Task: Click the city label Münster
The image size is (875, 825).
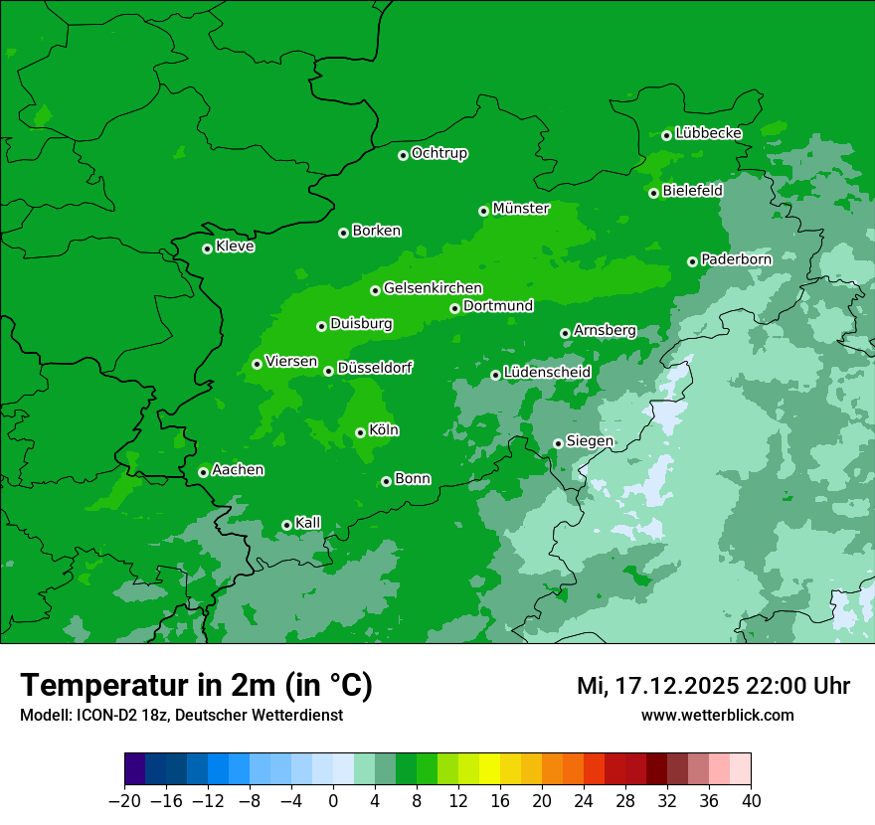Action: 520,209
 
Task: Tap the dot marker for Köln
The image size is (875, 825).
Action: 360,432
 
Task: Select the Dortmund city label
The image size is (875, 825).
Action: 498,306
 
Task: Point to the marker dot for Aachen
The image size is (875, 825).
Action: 203,472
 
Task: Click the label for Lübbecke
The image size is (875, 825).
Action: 708,133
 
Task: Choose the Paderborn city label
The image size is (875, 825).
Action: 736,259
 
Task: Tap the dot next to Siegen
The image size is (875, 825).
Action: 558,443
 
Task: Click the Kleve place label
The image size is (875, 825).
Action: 235,247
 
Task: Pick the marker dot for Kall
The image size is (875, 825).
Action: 286,525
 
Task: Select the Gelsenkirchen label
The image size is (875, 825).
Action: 433,288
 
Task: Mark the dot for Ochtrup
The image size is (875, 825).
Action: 403,155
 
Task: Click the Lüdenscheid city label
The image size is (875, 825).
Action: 547,373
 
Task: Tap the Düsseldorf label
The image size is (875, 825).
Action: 374,369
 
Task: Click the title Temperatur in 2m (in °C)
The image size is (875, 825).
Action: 196,686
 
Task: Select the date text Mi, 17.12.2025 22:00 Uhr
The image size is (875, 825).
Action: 713,686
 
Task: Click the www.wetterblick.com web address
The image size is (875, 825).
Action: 717,715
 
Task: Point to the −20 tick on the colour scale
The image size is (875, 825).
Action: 124,801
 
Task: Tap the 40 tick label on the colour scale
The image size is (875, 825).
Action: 751,801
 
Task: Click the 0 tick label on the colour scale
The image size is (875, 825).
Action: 333,801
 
